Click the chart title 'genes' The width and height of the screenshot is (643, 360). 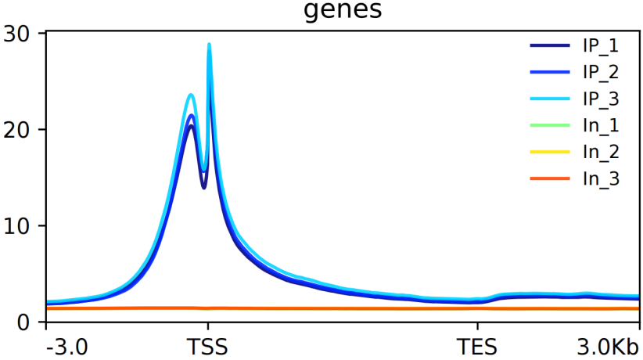(x=343, y=9)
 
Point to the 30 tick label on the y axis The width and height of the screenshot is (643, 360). (x=16, y=34)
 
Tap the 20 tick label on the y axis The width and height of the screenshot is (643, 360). (x=16, y=130)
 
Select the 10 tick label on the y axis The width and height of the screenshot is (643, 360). (x=16, y=225)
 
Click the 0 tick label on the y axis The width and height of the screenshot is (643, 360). (x=24, y=322)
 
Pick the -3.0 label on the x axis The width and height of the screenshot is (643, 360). (x=66, y=347)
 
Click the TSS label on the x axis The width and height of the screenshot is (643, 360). (x=207, y=347)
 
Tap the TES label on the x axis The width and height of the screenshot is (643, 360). (x=477, y=347)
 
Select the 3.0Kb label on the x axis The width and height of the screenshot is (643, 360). (x=608, y=347)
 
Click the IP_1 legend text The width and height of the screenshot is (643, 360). (x=601, y=46)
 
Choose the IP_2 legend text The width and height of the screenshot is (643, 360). (x=601, y=73)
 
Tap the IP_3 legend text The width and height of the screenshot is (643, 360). (x=601, y=99)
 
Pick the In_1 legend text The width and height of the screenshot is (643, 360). (x=601, y=126)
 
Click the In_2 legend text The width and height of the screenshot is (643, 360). (x=601, y=153)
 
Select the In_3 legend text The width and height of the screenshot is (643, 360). (x=601, y=179)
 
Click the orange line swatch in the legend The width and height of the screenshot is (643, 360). (x=550, y=178)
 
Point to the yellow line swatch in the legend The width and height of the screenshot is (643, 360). (x=550, y=152)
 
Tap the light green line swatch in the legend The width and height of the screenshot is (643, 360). (x=550, y=125)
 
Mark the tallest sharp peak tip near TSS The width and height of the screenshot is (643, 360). (x=209, y=44)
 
